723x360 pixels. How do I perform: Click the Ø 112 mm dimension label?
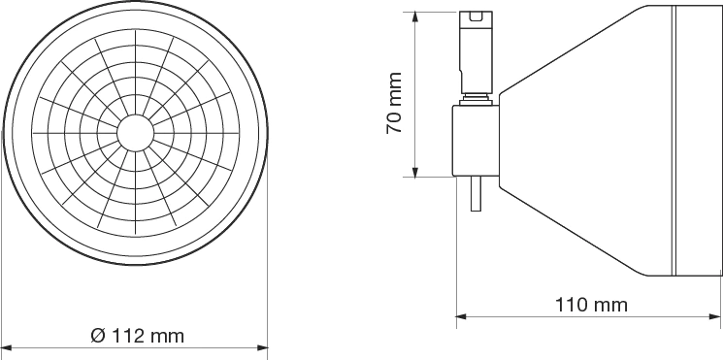tap(138, 336)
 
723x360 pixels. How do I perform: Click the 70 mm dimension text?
tap(395, 103)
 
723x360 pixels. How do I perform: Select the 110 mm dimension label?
tap(591, 305)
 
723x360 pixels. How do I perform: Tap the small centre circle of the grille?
tap(135, 133)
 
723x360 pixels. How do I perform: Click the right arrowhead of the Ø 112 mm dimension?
tap(263, 347)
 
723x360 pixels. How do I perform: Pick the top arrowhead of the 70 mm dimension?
tap(415, 17)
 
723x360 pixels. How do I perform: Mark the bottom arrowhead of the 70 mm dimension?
tap(415, 172)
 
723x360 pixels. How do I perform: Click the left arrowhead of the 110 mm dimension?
tap(462, 316)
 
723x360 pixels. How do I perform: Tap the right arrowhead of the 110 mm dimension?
tap(715, 316)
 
